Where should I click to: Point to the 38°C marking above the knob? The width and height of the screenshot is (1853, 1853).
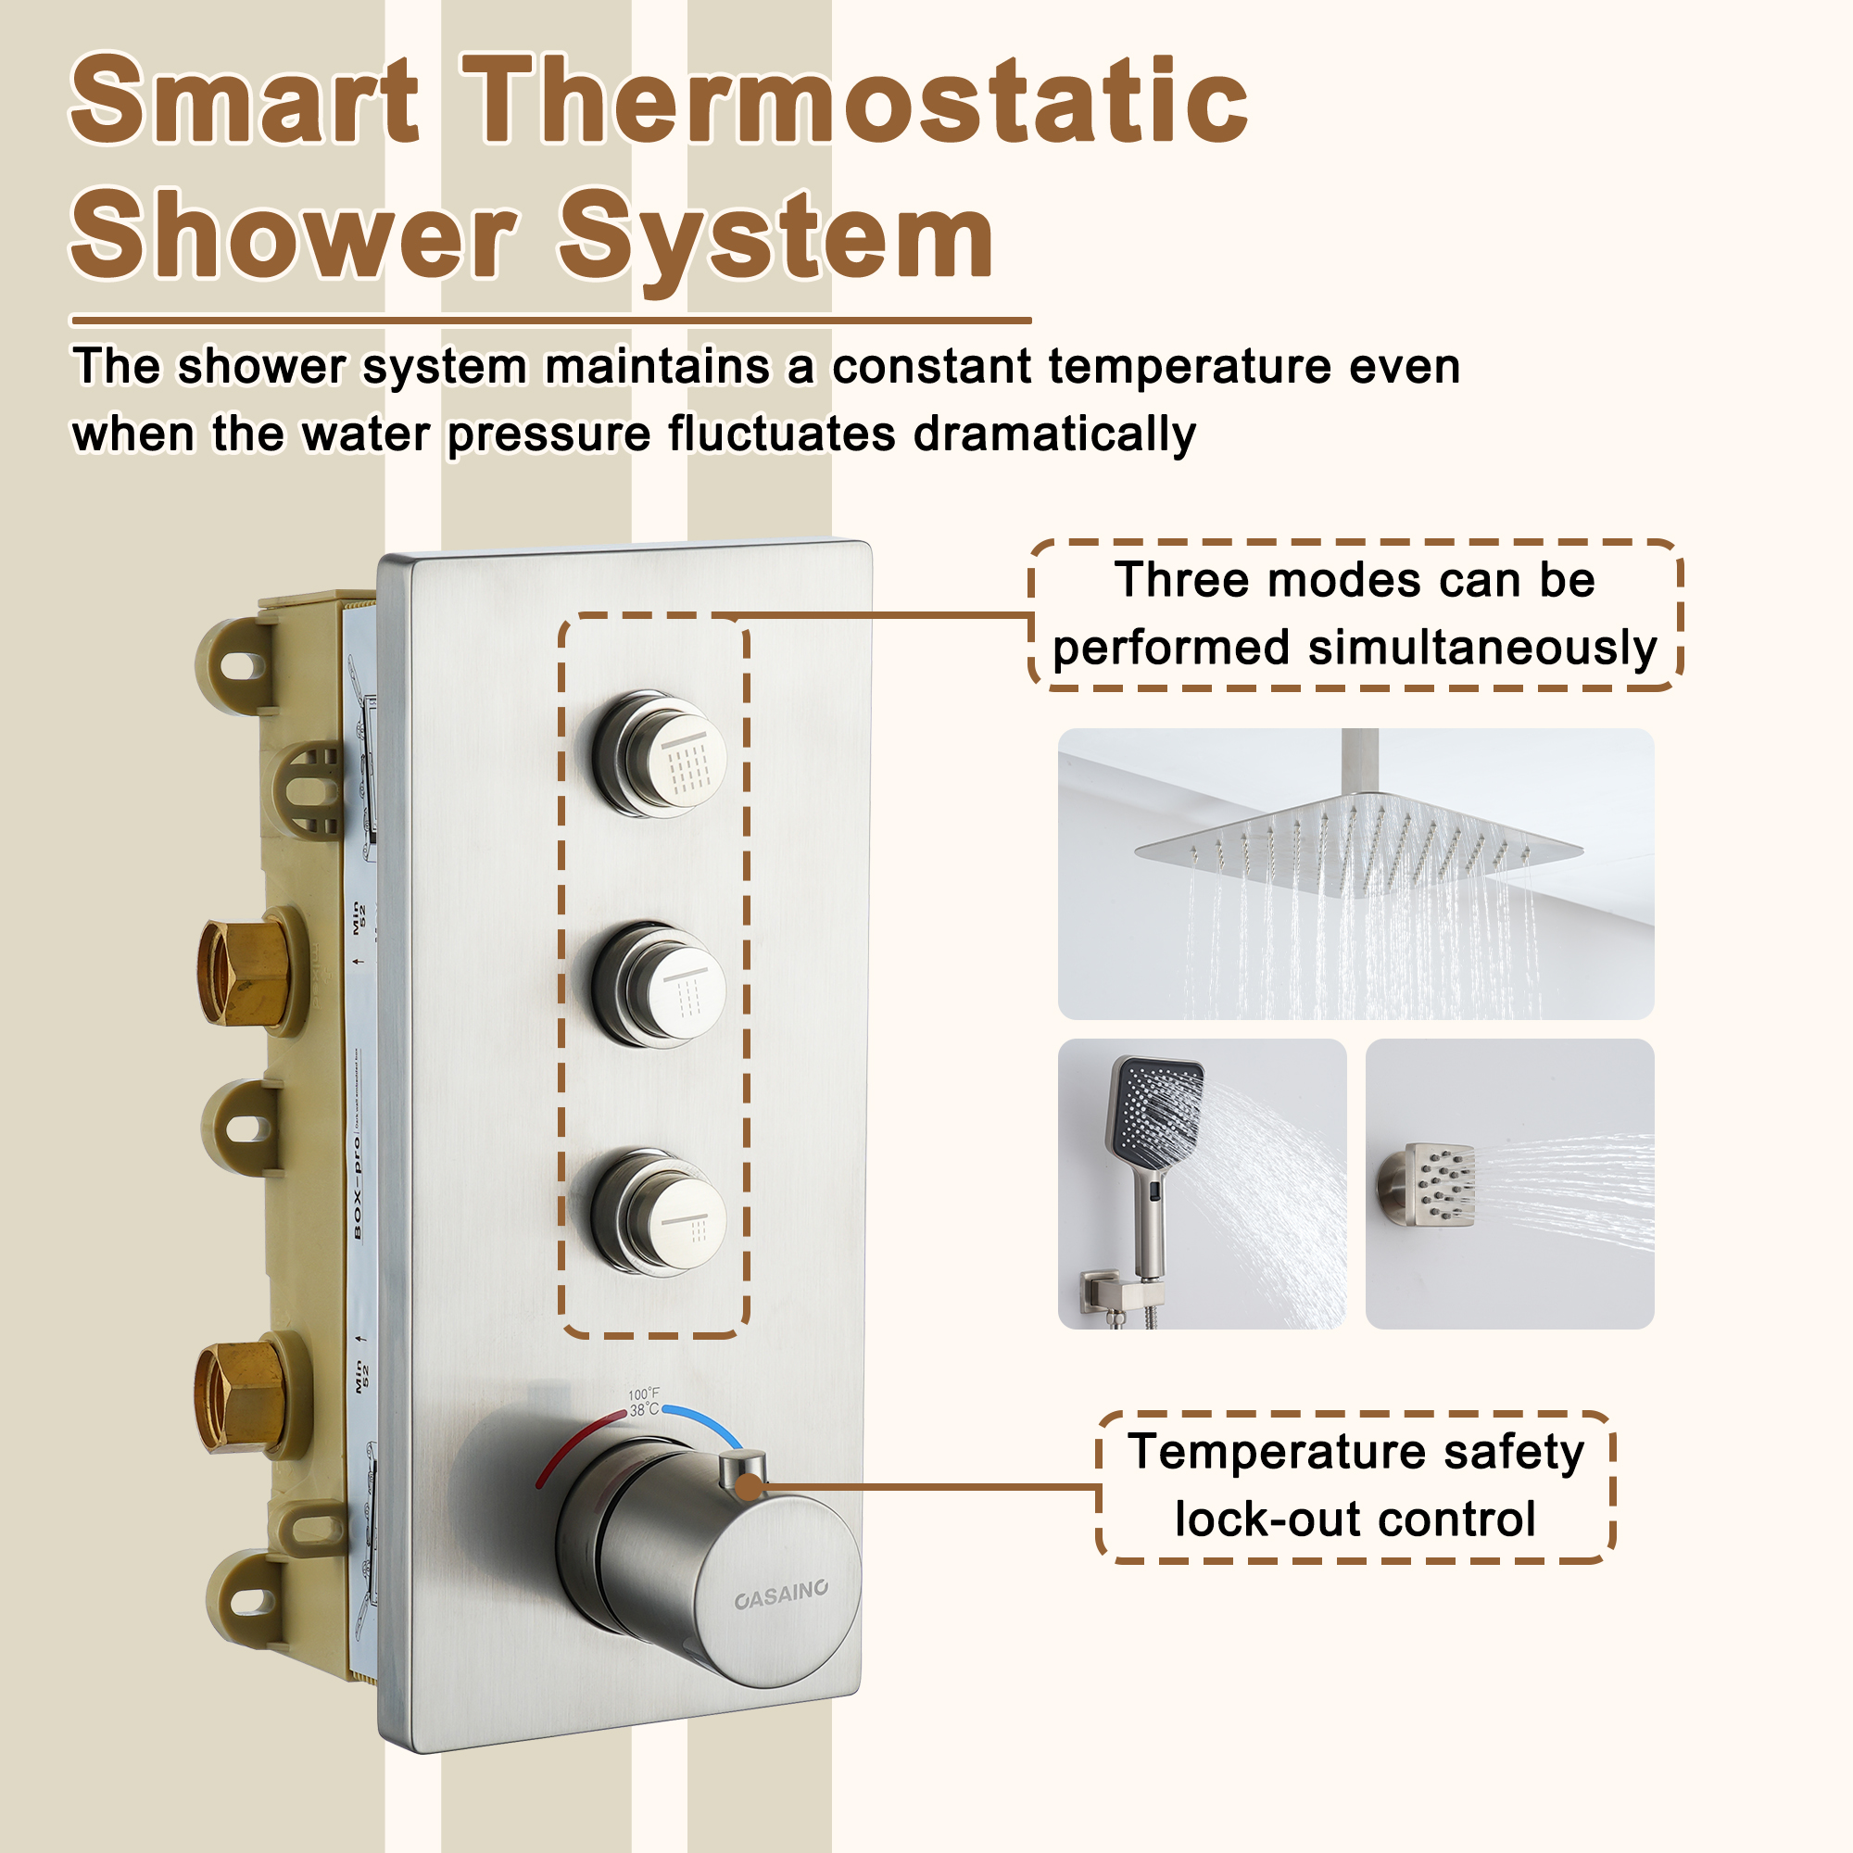(x=644, y=1410)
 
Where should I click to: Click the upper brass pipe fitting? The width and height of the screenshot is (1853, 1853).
(x=245, y=972)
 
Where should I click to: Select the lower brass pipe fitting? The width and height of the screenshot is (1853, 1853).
(x=242, y=1395)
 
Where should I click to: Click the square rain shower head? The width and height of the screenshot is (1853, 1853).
(x=1358, y=844)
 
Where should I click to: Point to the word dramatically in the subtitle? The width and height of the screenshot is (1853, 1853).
(x=1054, y=435)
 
